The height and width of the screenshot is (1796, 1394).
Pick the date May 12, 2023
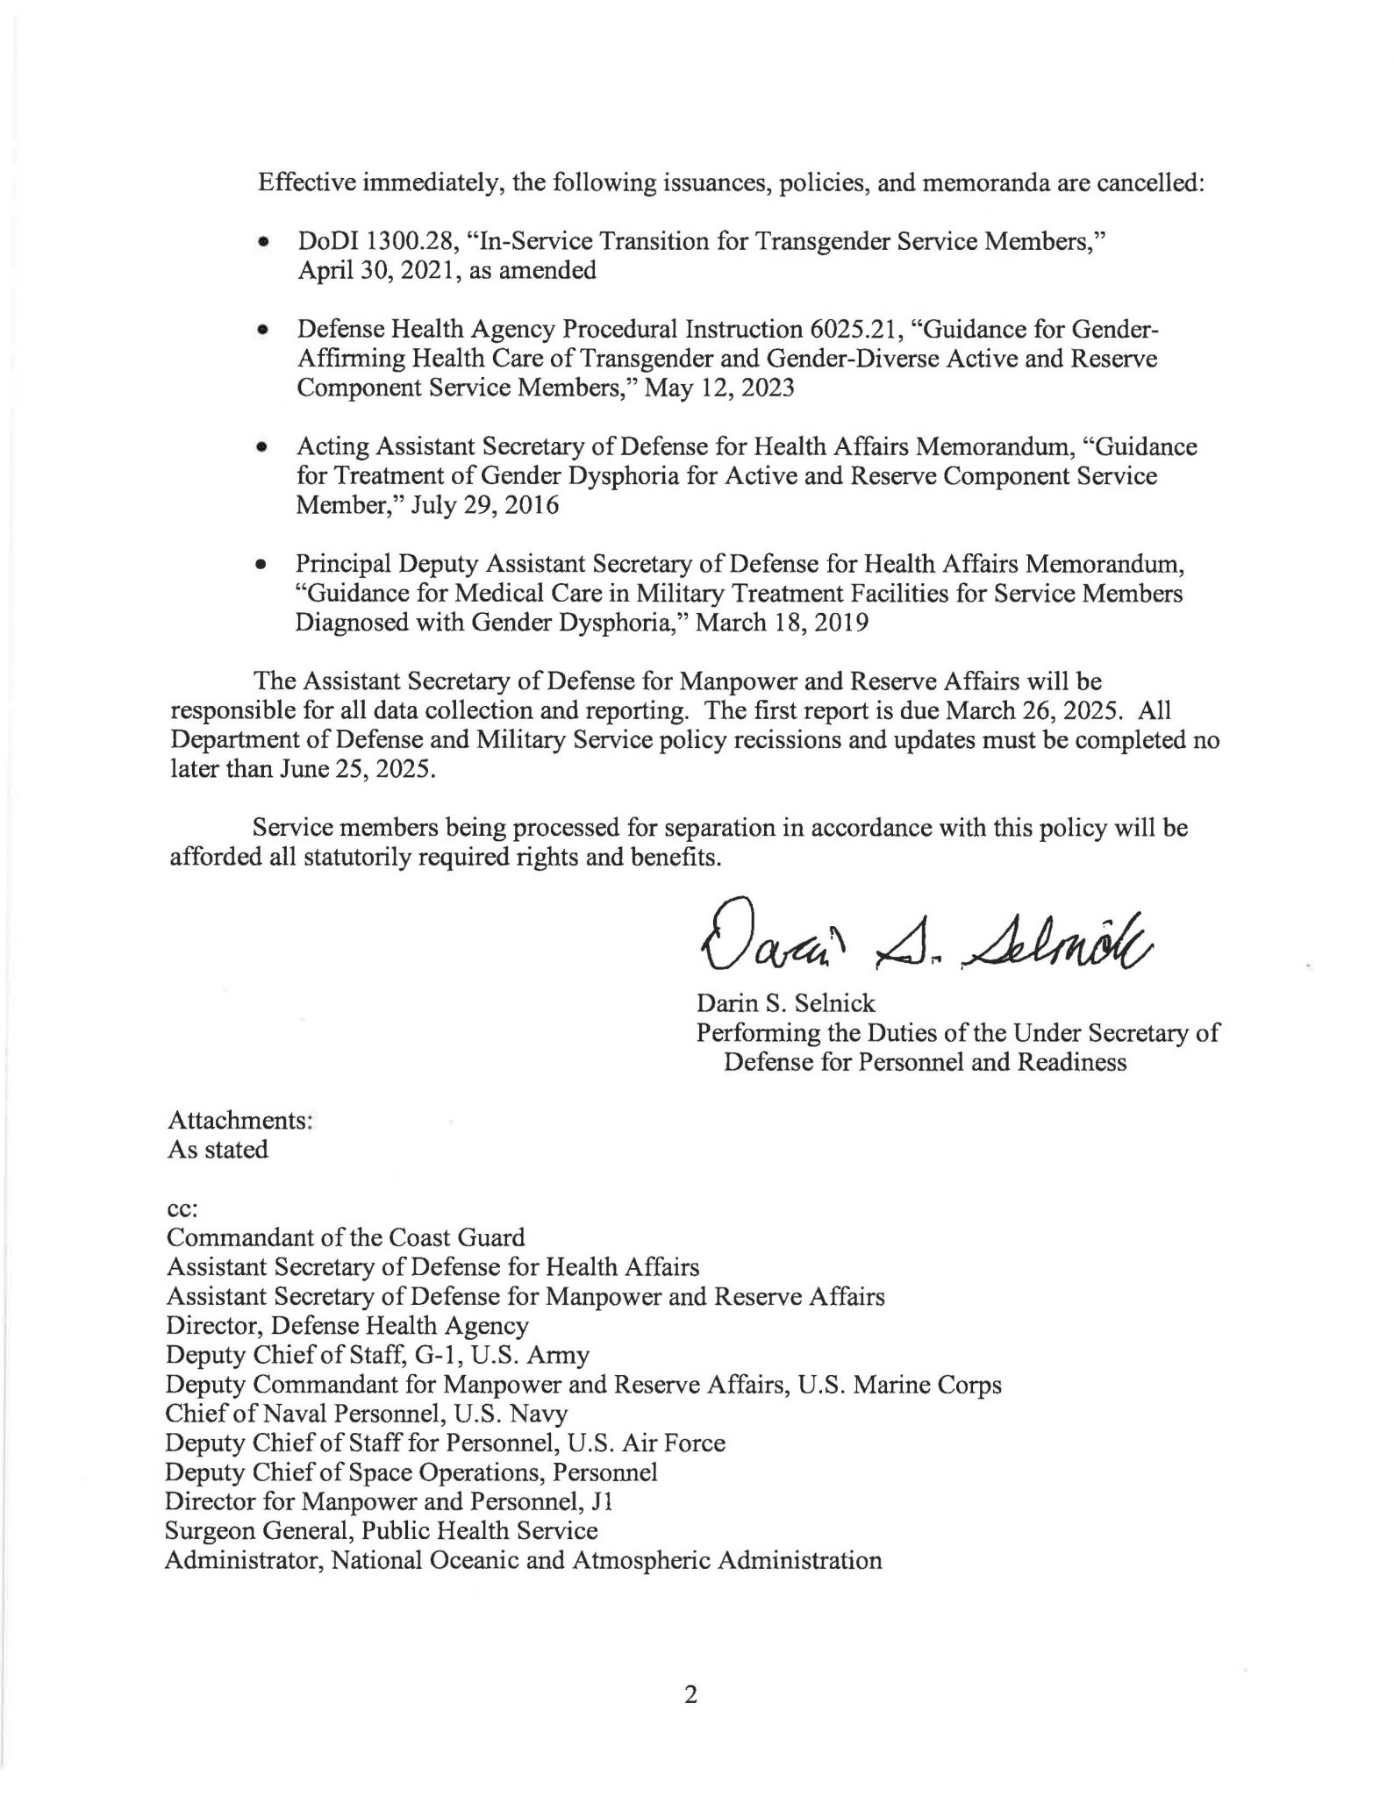719,388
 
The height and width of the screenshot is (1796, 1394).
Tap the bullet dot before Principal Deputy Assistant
261,566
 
